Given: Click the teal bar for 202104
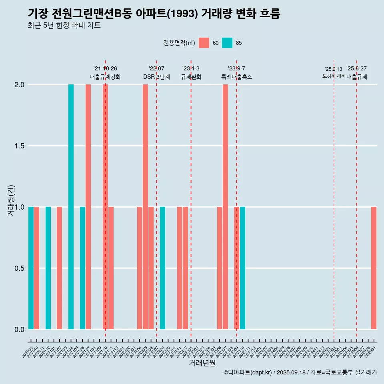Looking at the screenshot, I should pyautogui.click(x=71, y=207).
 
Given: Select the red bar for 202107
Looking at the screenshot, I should pyautogui.click(x=88, y=207).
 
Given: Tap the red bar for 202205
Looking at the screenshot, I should pyautogui.click(x=145, y=207).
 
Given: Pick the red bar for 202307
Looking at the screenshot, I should pyautogui.click(x=225, y=207).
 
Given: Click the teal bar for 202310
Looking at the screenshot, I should pyautogui.click(x=242, y=268).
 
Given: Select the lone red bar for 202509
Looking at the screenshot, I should pyautogui.click(x=374, y=268).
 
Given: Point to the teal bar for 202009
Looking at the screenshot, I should pyautogui.click(x=31, y=268).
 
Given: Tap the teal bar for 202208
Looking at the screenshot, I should pyautogui.click(x=162, y=268).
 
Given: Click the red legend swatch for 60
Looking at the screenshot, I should pyautogui.click(x=204, y=43).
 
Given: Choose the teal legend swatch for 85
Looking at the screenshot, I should pyautogui.click(x=227, y=43).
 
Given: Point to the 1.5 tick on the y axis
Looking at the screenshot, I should pyautogui.click(x=19, y=146).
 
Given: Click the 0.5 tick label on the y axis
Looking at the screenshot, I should pyautogui.click(x=19, y=268).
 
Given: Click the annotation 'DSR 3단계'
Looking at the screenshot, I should pyautogui.click(x=156, y=77).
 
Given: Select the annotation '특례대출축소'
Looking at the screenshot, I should pyautogui.click(x=237, y=77).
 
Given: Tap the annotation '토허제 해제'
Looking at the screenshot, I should pyautogui.click(x=334, y=76).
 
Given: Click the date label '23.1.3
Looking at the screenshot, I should pyautogui.click(x=191, y=68).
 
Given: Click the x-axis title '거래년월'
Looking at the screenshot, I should pyautogui.click(x=202, y=363).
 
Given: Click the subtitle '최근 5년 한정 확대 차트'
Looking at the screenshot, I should pyautogui.click(x=64, y=26).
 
